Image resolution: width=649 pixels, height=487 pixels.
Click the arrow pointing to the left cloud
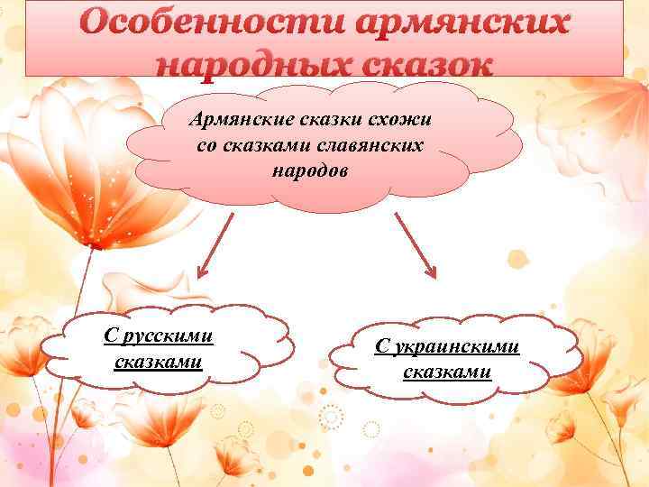pos(214,244)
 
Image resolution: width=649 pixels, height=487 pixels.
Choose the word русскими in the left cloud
pos(168,335)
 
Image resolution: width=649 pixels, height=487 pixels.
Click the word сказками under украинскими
pos(446,372)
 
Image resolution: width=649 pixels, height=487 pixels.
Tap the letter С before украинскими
pos(381,346)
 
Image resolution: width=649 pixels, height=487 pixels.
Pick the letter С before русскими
pos(110,335)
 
